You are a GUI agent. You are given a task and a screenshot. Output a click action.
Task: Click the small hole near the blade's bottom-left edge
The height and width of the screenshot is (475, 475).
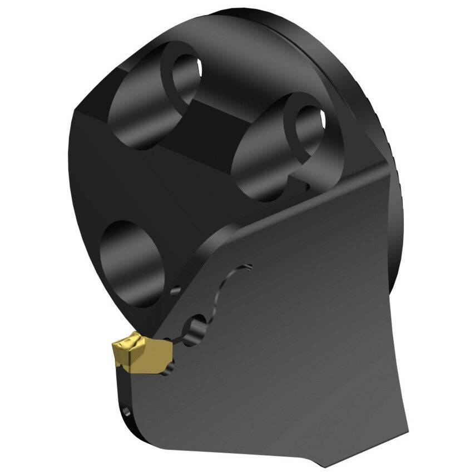pyautogui.click(x=129, y=412)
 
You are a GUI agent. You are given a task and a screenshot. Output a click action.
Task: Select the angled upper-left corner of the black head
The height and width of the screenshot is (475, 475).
pyautogui.click(x=78, y=111)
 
